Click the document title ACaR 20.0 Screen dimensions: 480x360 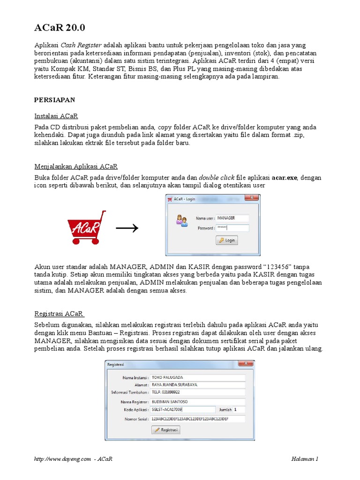(x=60, y=28)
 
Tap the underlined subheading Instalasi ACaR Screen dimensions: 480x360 (x=56, y=115)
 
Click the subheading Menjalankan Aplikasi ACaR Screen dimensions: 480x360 (x=76, y=166)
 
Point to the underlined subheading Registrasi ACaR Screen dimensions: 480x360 (x=59, y=314)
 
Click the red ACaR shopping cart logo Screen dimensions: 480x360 (x=87, y=227)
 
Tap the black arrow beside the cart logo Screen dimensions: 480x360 (x=127, y=228)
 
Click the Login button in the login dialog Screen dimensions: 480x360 (x=227, y=240)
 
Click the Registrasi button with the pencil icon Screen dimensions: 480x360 (x=165, y=429)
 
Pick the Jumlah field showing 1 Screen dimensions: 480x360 (x=239, y=409)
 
